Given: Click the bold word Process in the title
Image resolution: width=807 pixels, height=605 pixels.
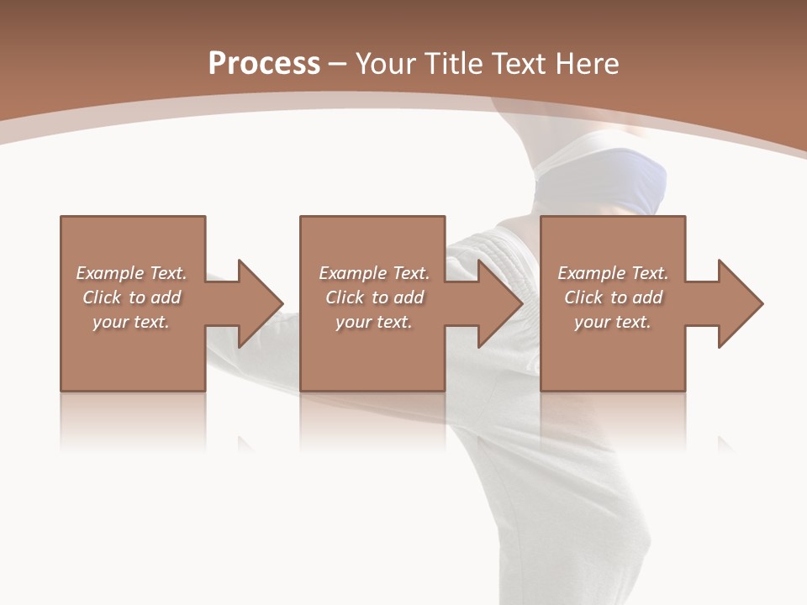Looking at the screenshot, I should click(264, 64).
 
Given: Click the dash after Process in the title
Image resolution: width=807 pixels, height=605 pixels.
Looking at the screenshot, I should click(337, 65).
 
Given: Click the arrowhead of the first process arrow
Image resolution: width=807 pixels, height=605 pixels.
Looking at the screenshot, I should click(261, 303).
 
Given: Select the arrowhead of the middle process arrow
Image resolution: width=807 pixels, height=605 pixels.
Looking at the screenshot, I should click(500, 303).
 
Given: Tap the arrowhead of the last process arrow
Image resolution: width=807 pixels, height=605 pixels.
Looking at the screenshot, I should click(740, 303).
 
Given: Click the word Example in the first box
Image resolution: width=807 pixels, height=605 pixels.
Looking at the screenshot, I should click(110, 273).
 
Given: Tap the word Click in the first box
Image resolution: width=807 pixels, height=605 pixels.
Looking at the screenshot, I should click(102, 297).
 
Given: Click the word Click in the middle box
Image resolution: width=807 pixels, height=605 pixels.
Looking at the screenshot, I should click(345, 297).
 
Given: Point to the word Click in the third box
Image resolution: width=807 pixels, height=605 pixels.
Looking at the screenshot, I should click(583, 297).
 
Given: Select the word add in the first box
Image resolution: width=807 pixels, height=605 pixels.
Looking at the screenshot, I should click(166, 297).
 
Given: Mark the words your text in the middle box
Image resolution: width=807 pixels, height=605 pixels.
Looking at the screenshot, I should click(374, 323).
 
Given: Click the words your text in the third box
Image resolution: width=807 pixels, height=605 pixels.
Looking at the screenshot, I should click(613, 323).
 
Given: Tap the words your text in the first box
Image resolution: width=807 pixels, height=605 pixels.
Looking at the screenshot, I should click(131, 323).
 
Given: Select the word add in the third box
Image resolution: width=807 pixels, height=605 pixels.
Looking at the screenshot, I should click(647, 297).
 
